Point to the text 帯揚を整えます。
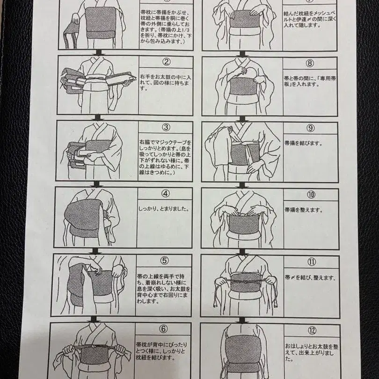click(304, 210)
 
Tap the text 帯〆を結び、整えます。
click(310, 277)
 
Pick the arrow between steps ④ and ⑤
click(95, 251)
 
